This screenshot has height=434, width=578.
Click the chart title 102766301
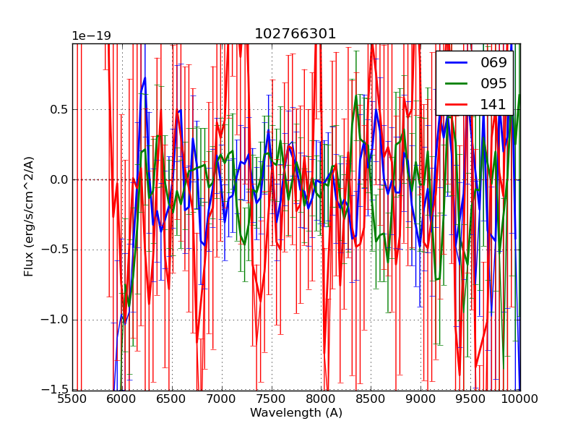[296, 34]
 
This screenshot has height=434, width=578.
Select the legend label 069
[494, 63]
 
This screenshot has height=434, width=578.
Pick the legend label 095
[494, 84]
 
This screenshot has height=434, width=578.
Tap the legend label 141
[494, 105]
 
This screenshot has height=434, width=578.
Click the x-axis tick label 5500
[72, 400]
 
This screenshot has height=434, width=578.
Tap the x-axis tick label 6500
[172, 400]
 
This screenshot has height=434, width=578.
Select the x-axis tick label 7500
[272, 400]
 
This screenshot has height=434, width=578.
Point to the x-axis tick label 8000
[321, 400]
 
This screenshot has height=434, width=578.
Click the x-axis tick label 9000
[420, 400]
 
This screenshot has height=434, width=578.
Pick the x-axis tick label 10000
[519, 400]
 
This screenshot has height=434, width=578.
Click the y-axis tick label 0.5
[57, 110]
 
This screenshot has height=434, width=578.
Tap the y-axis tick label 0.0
[57, 180]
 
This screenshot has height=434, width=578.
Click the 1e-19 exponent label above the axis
[91, 36]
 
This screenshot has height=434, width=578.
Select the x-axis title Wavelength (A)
[296, 413]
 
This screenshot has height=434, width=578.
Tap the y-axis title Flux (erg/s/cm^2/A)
[29, 216]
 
